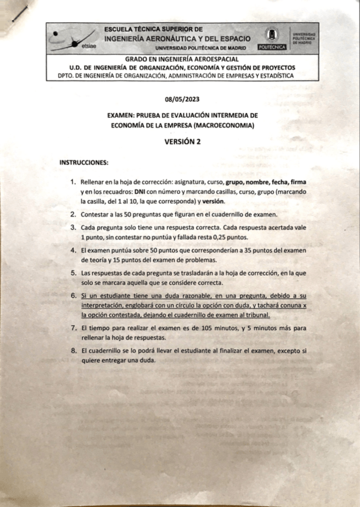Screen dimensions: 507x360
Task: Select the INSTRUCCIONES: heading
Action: click(83, 162)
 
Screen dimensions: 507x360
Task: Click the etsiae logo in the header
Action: click(75, 38)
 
